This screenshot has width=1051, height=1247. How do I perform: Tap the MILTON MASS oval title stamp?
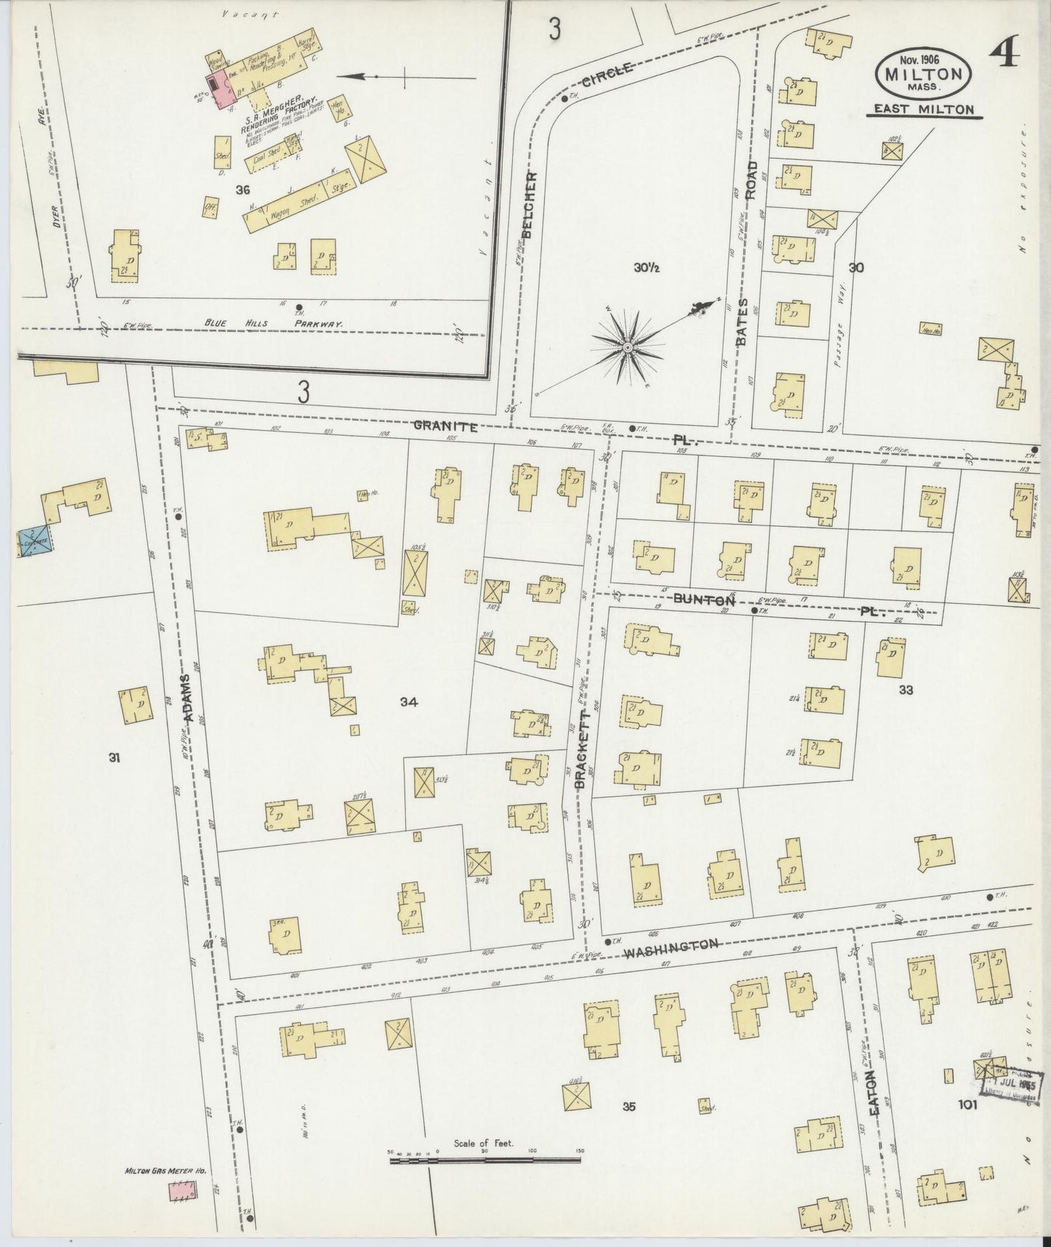click(925, 73)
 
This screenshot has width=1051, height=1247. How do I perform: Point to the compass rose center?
click(626, 348)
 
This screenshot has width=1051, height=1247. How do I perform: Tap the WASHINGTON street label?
click(672, 943)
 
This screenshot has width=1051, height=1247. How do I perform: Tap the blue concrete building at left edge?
click(34, 542)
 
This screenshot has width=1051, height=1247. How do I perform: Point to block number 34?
click(409, 702)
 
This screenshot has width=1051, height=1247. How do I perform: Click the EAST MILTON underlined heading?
click(923, 110)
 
